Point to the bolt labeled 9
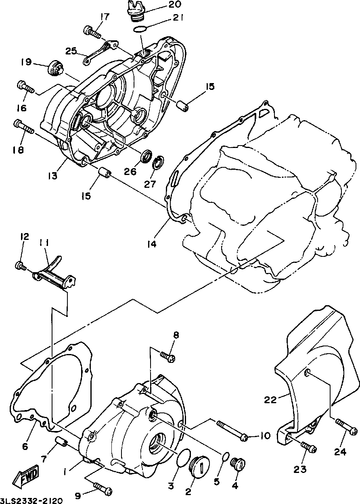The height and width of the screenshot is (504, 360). (x=103, y=488)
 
